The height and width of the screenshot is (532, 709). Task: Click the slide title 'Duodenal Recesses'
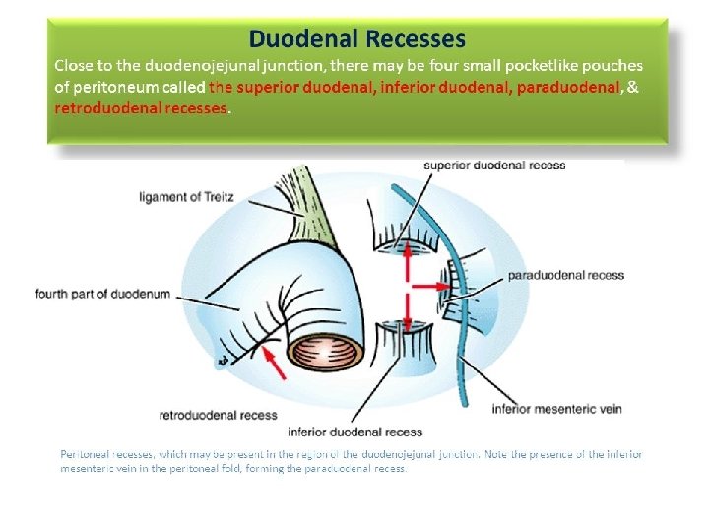[356, 39]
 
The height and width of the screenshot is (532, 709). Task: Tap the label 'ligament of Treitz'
[188, 197]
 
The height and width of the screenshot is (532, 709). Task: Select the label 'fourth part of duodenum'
[103, 294]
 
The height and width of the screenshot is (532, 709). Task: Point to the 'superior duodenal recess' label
[494, 165]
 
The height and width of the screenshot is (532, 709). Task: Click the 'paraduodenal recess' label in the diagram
[565, 275]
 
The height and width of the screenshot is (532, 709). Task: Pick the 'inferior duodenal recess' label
[354, 432]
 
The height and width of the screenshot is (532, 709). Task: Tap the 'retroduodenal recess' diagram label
[218, 415]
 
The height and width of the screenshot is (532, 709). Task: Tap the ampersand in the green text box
[633, 87]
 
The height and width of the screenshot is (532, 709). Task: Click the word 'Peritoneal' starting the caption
[83, 454]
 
